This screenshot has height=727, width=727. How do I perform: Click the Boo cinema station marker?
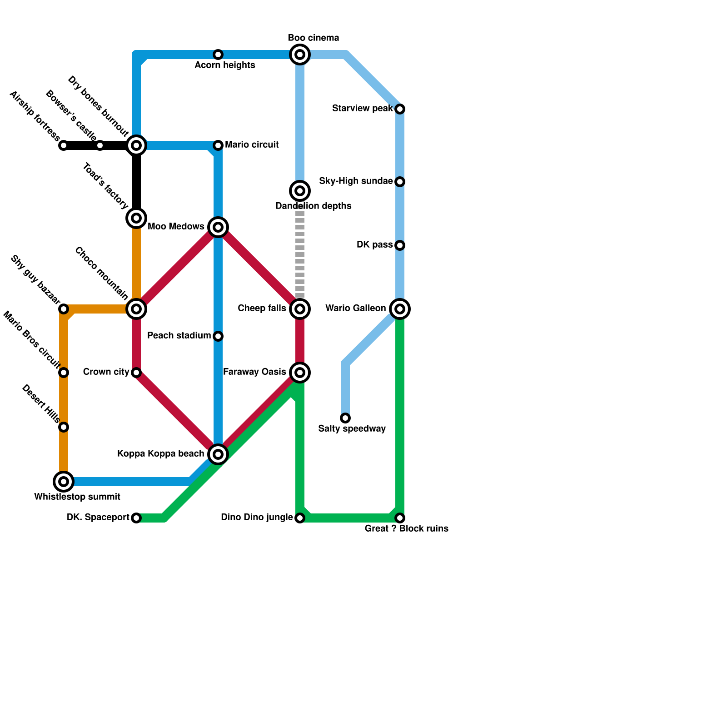[x=300, y=55]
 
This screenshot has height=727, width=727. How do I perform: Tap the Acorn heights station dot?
[x=218, y=55]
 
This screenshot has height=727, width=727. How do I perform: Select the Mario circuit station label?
[x=252, y=145]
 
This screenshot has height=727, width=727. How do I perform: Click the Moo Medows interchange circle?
[x=218, y=227]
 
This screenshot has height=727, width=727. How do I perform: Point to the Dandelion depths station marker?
[x=300, y=191]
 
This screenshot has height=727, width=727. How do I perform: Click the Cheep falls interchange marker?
[x=300, y=309]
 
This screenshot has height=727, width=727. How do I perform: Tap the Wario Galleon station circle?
[x=400, y=309]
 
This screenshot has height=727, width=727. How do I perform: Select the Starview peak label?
[x=362, y=109]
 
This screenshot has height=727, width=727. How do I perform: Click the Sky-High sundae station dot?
[x=400, y=182]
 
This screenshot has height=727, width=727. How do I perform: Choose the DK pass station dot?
[x=400, y=245]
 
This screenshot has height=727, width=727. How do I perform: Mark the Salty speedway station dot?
[x=345, y=418]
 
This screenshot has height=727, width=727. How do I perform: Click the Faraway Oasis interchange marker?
[x=300, y=373]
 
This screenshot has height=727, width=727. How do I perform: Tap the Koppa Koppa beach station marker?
[x=218, y=454]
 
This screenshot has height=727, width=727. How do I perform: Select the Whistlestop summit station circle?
[x=64, y=482]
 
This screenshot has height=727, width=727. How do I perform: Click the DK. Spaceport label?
[x=98, y=518]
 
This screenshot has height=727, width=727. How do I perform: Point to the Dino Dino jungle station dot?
[x=300, y=518]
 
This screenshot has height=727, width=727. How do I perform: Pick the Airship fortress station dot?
[x=64, y=145]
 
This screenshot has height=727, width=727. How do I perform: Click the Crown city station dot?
[x=136, y=373]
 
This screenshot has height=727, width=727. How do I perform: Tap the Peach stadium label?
[x=179, y=336]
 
